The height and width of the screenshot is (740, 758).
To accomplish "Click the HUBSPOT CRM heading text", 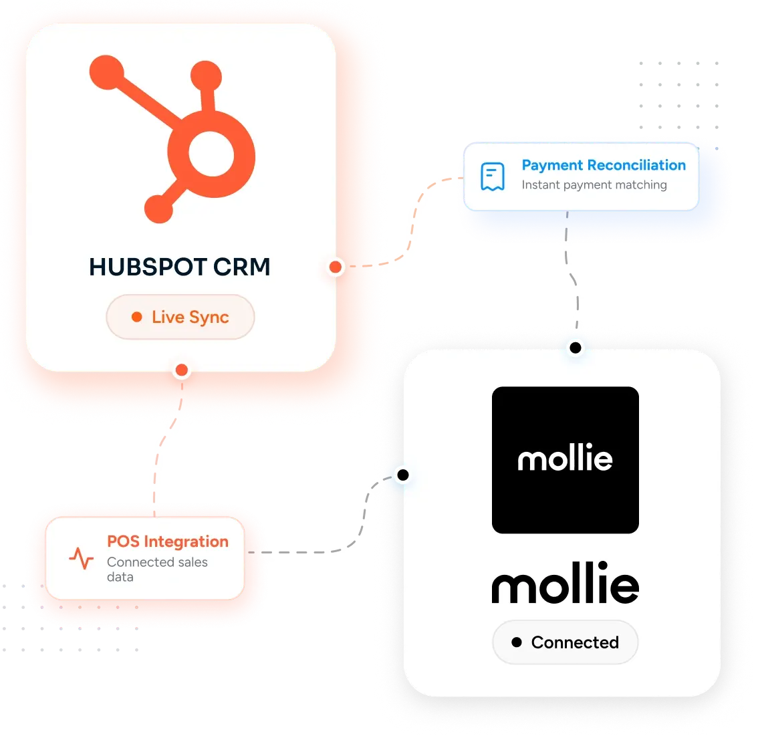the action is tap(179, 267).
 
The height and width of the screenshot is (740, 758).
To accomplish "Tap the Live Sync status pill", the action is tap(180, 317).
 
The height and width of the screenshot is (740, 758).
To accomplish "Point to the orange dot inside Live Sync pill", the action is tap(137, 317).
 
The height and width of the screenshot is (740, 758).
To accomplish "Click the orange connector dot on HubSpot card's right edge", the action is tap(336, 267).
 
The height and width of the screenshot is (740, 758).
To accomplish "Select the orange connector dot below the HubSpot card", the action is tap(182, 370).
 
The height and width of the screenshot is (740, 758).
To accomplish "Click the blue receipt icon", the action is tap(493, 176).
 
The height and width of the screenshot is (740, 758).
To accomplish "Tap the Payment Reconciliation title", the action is tap(604, 165).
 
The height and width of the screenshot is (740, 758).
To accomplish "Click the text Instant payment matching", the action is tap(594, 185).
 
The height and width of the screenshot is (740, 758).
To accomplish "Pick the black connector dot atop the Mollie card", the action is tap(576, 348).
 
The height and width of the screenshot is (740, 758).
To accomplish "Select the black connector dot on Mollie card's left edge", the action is tap(403, 475).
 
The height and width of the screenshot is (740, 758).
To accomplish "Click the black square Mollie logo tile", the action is tap(565, 460).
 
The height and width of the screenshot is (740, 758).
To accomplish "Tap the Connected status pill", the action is tap(565, 642).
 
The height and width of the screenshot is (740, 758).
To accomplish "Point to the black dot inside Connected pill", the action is tap(517, 642).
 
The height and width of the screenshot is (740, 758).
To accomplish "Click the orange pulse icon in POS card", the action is tap(82, 558).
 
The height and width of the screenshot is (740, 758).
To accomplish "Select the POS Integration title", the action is tap(168, 542).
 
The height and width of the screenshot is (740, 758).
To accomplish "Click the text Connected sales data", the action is tap(157, 570).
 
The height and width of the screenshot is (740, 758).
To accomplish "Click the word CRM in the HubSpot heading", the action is tap(242, 267).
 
